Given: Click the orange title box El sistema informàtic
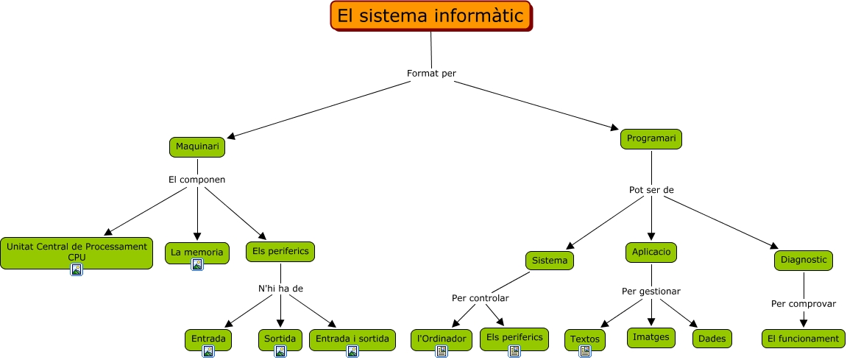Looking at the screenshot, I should tap(430, 16).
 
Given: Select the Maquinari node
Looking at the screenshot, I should tap(197, 147).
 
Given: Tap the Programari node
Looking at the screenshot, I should tap(651, 138).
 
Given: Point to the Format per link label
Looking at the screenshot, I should tap(431, 73).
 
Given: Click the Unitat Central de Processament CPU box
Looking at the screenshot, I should tap(77, 251).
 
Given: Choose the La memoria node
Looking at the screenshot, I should tap(196, 252).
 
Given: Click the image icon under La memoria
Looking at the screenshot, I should tap(197, 265).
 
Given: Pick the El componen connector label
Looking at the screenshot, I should tap(196, 179).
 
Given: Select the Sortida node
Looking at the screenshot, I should tap(280, 339).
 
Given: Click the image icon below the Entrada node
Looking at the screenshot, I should tap(208, 351).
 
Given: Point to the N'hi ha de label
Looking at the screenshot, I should tap(280, 288).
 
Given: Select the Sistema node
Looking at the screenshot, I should tap(549, 261).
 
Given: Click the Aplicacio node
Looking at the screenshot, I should tap(651, 252).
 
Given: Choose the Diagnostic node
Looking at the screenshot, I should tap(804, 260).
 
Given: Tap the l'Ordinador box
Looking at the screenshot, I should tap(442, 339).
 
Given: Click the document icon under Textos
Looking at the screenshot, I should tap(585, 351).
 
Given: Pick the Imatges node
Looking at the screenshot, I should tap(651, 337).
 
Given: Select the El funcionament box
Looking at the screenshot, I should tap(803, 339).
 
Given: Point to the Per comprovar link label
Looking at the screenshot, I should tap(803, 303).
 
